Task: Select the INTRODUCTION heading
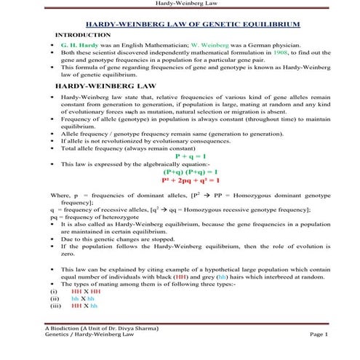coord(85,34)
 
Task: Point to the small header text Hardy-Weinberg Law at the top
coord(180,4)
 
